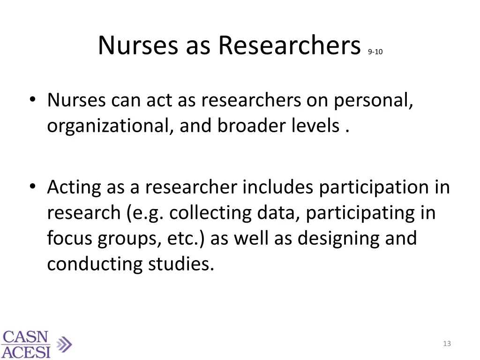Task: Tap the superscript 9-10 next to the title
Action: [x=375, y=52]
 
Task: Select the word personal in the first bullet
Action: [x=374, y=100]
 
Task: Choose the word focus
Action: [x=70, y=238]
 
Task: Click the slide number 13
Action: [x=447, y=344]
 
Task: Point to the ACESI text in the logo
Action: [x=26, y=352]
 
